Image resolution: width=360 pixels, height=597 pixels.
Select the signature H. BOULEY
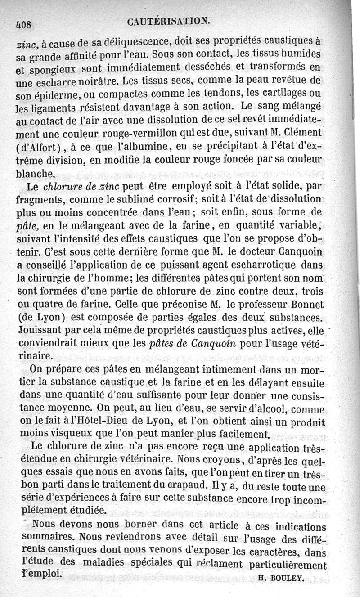click(282, 579)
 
